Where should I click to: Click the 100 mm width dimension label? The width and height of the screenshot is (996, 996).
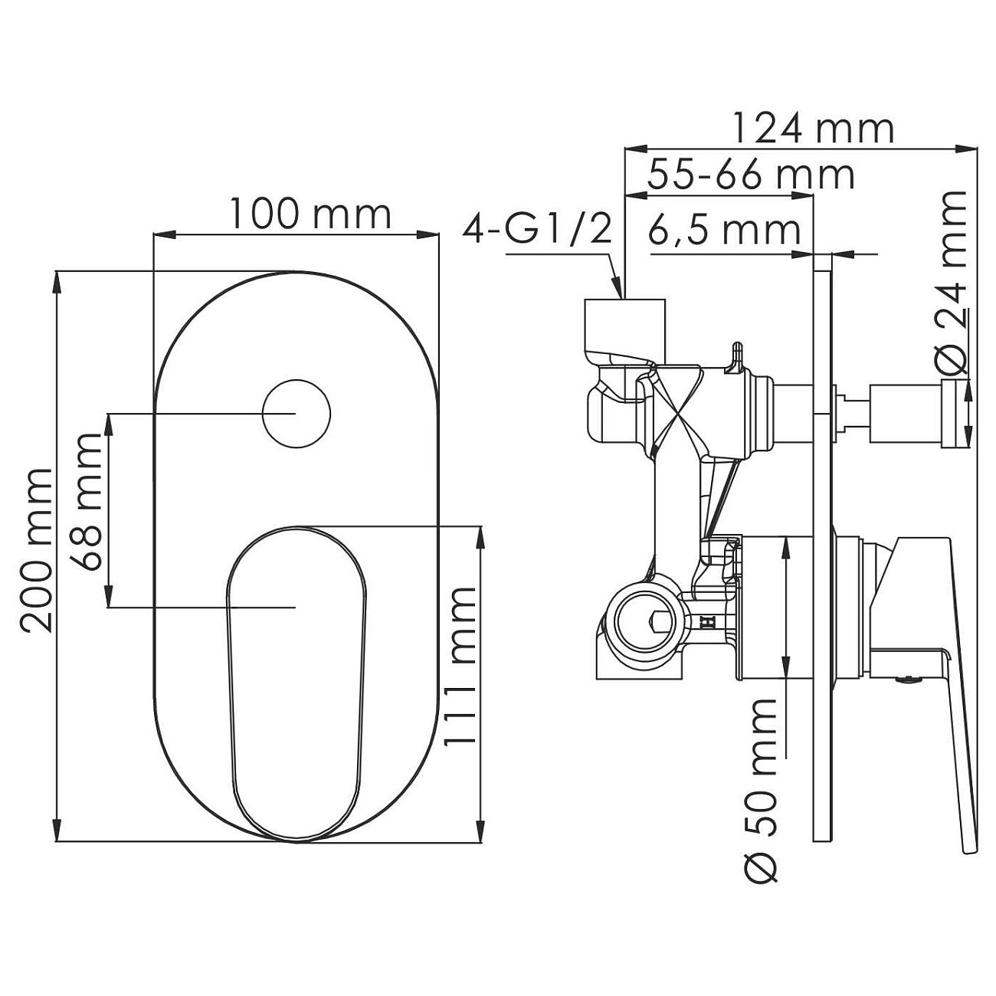tap(310, 214)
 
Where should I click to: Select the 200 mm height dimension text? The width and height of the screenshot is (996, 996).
tap(36, 550)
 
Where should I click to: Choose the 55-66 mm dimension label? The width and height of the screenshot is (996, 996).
tap(752, 175)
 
